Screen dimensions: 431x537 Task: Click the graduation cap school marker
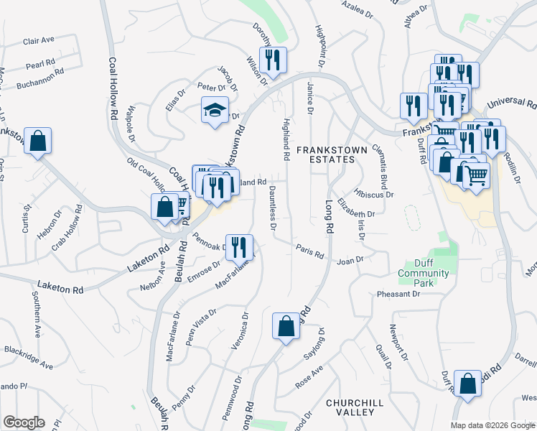[215, 111]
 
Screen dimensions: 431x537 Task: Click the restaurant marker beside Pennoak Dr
[240, 247]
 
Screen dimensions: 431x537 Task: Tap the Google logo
[24, 422]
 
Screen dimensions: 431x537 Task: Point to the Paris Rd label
[309, 252]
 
